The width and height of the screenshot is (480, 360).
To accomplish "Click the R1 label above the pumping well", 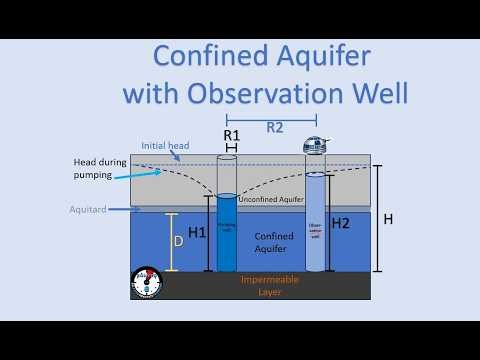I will click(x=232, y=134).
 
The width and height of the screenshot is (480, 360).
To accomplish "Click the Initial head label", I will click(x=165, y=145).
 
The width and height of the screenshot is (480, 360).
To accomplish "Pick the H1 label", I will click(x=197, y=233).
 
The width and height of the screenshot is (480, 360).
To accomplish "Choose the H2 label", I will click(x=341, y=222).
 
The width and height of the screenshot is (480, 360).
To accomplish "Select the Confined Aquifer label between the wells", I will click(x=271, y=241).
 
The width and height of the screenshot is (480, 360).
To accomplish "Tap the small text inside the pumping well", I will click(x=227, y=227).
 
